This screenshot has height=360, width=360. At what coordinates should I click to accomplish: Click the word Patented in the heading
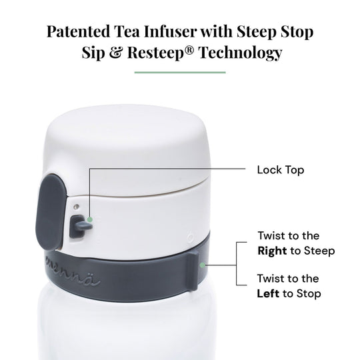pos(78,31)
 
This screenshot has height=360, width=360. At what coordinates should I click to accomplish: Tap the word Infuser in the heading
pos(170,31)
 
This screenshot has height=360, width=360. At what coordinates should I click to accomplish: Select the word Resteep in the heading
pos(156,53)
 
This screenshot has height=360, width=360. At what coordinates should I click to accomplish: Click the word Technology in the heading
pos(241,53)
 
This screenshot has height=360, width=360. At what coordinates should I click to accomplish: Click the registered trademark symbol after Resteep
pos(189,50)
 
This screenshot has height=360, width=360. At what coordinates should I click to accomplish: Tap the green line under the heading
pos(180,73)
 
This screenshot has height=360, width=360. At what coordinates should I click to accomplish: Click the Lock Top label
pos(281,170)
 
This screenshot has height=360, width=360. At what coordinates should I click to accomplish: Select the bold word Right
pos(272,251)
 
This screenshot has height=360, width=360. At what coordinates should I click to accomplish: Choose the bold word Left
pos(268,293)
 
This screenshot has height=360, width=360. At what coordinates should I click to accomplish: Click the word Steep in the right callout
pos(319,251)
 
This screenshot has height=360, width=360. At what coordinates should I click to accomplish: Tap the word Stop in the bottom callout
pos(309,294)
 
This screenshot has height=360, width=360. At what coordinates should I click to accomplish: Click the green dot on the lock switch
pos(90,220)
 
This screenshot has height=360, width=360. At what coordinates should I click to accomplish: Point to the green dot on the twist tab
pos(202,265)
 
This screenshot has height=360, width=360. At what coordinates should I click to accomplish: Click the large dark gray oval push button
pos(51,212)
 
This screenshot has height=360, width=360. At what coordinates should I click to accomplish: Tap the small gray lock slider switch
pos(80,227)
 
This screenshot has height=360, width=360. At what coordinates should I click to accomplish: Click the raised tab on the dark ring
pos(192,271)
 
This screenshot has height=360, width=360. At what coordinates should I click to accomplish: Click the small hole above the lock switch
pos(76,207)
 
